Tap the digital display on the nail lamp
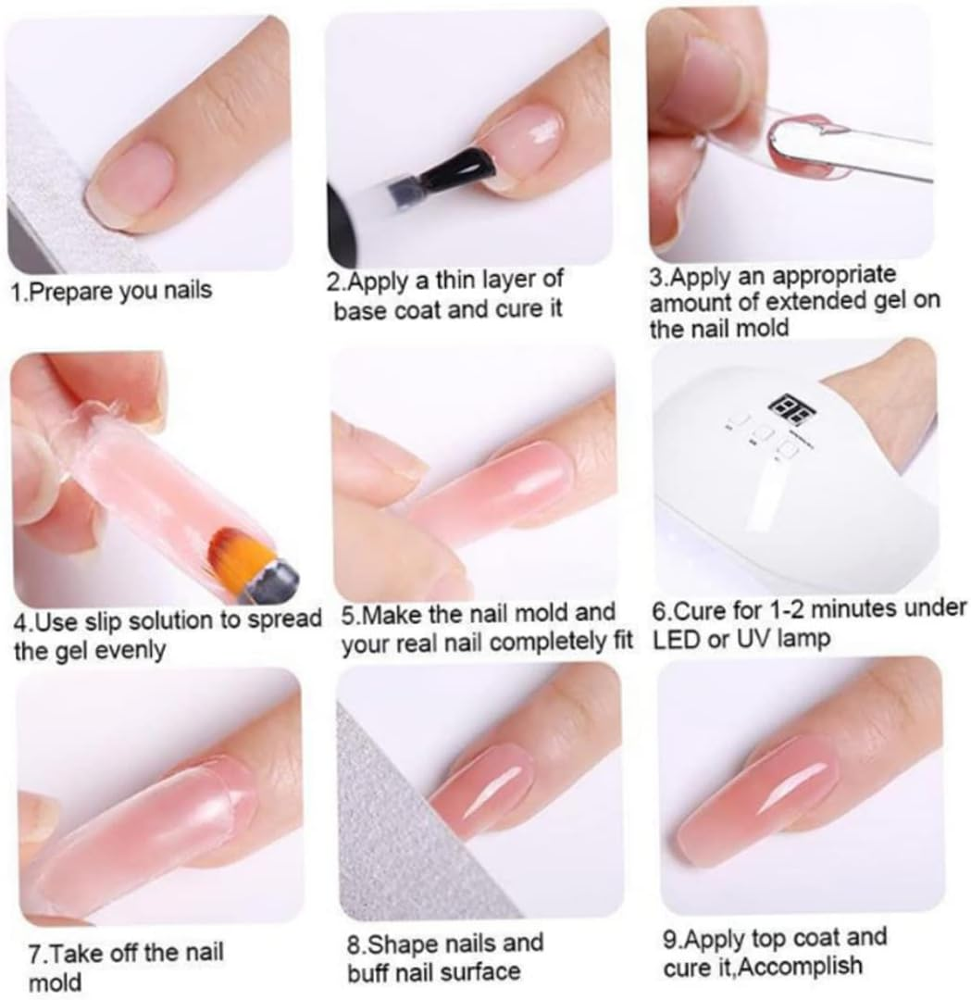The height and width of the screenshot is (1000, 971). pos(785,406)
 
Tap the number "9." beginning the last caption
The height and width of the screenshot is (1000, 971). pos(673,939)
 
